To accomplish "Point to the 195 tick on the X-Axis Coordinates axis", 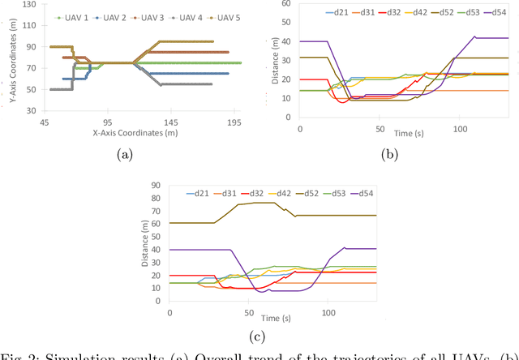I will [234, 122].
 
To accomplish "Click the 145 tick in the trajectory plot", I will [171, 122].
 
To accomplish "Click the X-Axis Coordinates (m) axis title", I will [135, 132].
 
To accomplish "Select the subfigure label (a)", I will [125, 153].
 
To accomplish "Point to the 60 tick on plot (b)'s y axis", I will [291, 4].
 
